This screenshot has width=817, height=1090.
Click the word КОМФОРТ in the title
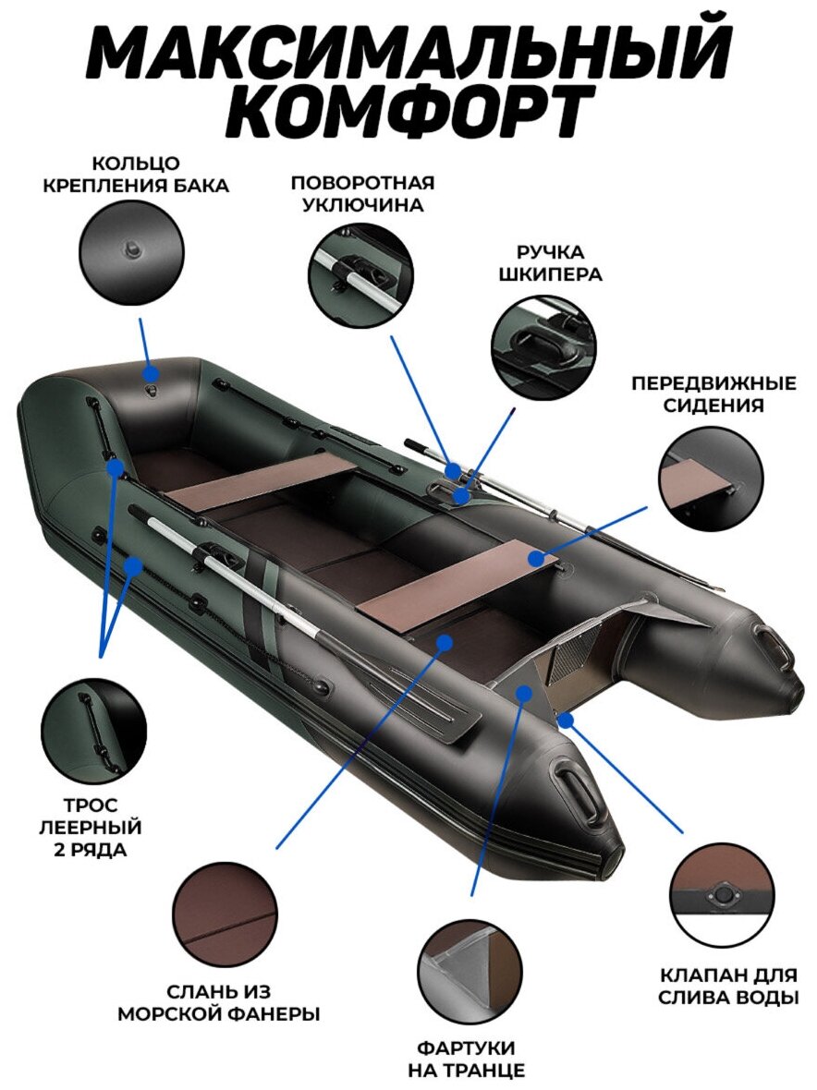pyautogui.click(x=408, y=112)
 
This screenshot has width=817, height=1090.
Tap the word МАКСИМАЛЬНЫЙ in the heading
pyautogui.click(x=408, y=51)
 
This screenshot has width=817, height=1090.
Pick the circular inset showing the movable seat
pyautogui.click(x=711, y=479)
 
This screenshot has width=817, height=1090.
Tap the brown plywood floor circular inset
pyautogui.click(x=225, y=914)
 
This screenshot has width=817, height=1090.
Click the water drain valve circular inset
pyautogui.click(x=722, y=895)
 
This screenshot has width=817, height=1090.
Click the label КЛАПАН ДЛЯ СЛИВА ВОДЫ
pyautogui.click(x=729, y=986)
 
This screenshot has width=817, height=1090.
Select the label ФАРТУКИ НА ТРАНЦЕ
pyautogui.click(x=467, y=1059)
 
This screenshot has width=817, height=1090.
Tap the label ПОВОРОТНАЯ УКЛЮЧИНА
pyautogui.click(x=362, y=193)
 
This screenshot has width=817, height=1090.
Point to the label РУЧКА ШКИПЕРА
pyautogui.click(x=550, y=262)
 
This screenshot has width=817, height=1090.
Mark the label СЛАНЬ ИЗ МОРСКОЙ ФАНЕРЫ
pyautogui.click(x=219, y=1002)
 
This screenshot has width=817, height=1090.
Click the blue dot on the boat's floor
pyautogui.click(x=445, y=641)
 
